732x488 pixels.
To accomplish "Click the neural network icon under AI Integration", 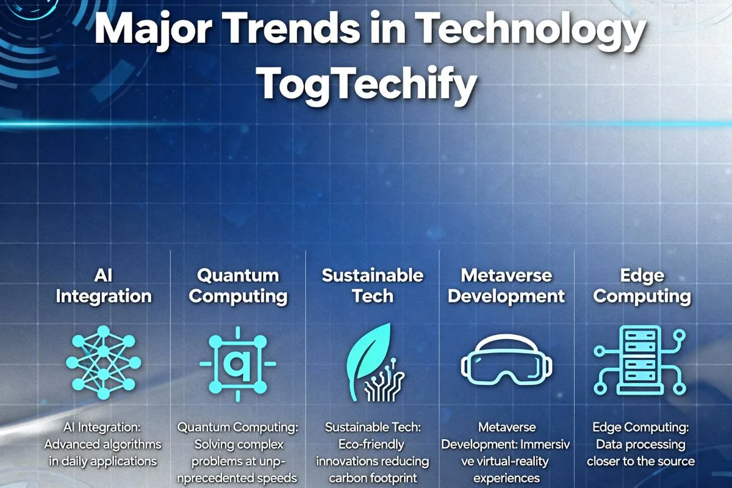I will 103,363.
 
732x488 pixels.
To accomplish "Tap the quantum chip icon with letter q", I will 237,364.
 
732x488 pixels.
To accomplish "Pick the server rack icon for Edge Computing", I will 640,362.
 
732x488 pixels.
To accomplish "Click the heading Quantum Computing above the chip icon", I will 237,286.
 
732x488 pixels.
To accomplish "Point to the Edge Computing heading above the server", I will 642,286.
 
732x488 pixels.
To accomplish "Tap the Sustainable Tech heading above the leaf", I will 372,286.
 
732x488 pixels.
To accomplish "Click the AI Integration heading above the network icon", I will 103,286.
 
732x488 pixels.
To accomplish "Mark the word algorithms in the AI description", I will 132,444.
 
